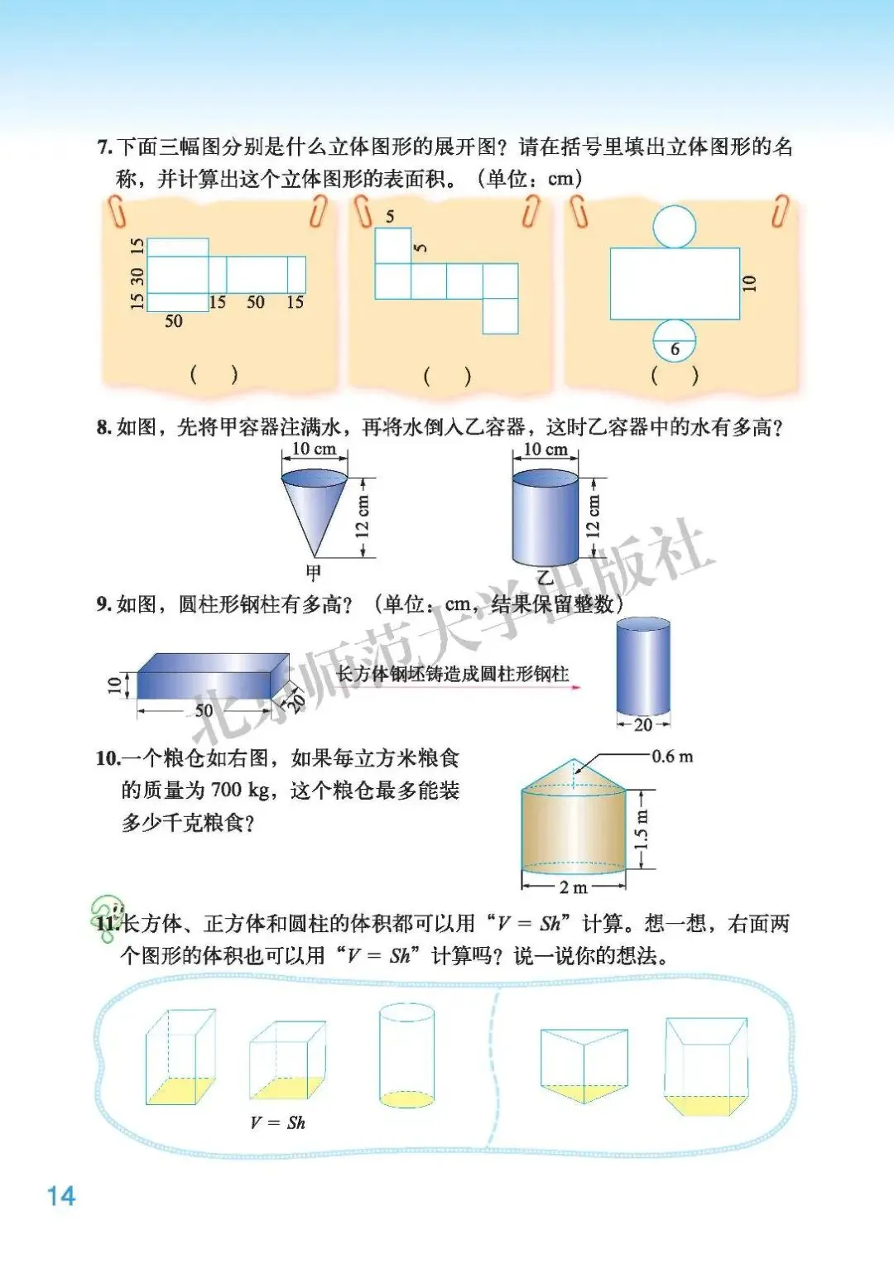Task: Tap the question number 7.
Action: pos(103,148)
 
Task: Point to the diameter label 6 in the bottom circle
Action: pos(675,350)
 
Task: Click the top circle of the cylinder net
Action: pos(675,226)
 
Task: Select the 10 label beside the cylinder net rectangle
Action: pos(749,283)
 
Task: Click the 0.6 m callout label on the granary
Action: pos(672,756)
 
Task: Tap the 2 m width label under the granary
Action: pos(574,887)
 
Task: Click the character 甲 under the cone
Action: pos(313,573)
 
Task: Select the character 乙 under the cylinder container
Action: pos(545,577)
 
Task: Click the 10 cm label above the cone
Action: pos(315,449)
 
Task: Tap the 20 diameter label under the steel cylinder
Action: pos(643,724)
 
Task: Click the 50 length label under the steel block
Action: pos(204,710)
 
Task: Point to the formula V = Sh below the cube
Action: pos(277,1122)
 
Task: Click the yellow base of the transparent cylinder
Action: pos(406,1098)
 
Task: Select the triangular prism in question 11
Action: pos(584,1065)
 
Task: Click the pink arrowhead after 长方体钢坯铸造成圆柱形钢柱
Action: pos(575,687)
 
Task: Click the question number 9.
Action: pos(103,604)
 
